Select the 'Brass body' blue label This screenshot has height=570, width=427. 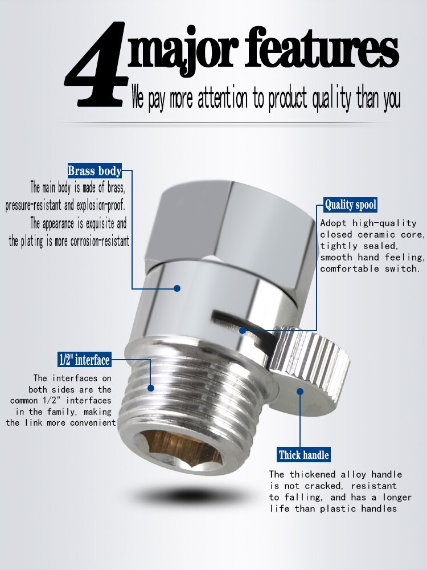click(x=95, y=170)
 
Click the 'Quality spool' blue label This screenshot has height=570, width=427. click(x=351, y=205)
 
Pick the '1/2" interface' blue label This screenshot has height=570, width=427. click(x=84, y=360)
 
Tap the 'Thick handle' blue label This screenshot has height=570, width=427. click(x=304, y=455)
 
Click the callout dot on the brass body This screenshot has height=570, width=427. click(x=177, y=288)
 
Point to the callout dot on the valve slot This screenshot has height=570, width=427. click(x=243, y=330)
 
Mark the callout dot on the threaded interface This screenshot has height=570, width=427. click(x=151, y=388)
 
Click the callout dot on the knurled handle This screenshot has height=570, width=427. click(x=300, y=390)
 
